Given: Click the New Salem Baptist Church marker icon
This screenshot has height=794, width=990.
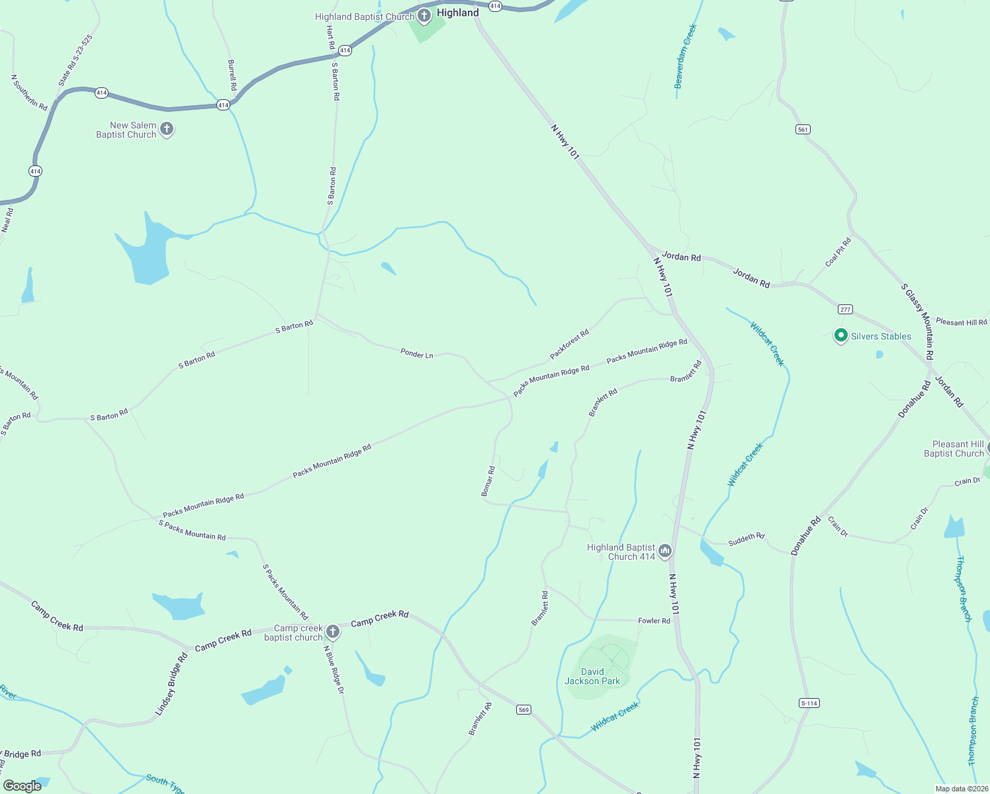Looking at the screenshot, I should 167,129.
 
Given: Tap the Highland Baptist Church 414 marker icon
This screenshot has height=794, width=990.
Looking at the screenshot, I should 665,551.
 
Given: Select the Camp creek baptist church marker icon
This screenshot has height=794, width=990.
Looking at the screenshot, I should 333,632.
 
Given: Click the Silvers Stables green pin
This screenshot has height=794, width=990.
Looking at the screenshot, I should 840,336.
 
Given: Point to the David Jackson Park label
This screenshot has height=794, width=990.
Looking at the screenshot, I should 592,676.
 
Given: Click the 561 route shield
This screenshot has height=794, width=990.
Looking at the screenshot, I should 803,130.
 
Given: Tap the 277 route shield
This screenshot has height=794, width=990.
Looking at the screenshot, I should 845,310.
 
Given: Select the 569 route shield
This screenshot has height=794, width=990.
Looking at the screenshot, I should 523,710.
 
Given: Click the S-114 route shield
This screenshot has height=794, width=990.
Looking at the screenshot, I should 809,703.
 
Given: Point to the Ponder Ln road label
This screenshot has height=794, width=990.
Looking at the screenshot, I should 417,354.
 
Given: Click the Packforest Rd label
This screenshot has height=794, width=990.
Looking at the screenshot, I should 569,345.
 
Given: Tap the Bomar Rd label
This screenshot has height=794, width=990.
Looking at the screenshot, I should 488,481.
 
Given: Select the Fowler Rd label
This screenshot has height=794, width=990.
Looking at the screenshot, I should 654,621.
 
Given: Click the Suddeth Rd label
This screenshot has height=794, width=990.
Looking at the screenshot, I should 746,540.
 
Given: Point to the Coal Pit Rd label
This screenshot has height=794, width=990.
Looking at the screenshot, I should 838,252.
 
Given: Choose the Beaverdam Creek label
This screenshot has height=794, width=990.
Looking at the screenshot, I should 686,56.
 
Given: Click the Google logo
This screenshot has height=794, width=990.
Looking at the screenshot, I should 22,786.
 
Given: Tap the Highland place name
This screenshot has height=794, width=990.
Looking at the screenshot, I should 458,13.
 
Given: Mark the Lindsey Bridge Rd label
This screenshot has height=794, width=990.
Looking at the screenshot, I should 171,684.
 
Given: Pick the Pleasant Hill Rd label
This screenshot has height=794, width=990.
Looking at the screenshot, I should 961,322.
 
